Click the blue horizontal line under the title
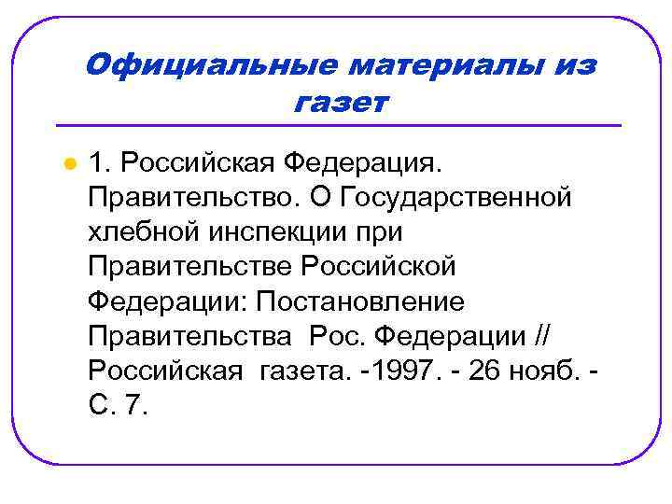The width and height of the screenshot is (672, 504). point(339,125)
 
